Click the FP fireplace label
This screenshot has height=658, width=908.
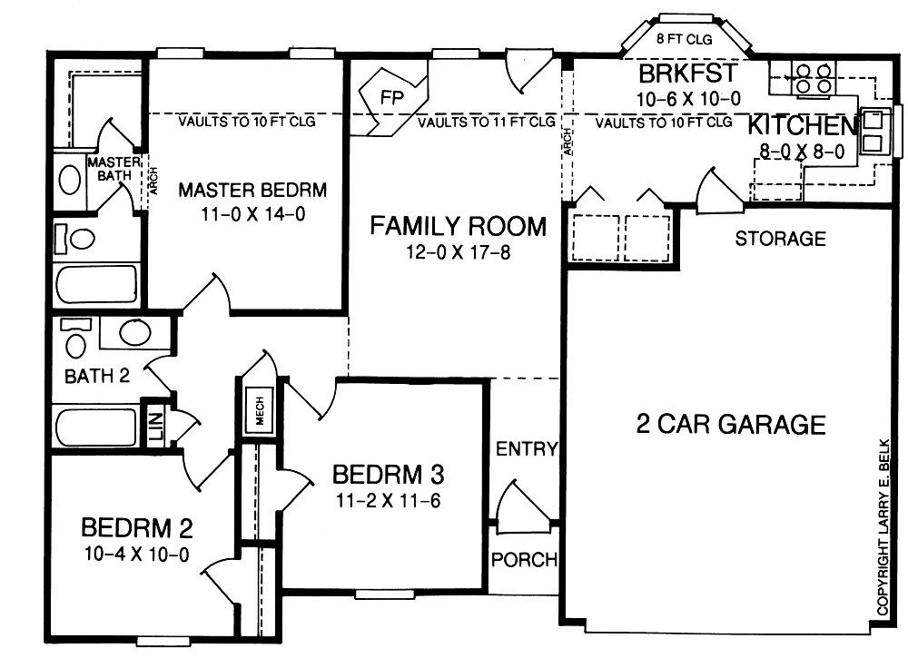[392, 97]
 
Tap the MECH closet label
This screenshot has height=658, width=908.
[260, 410]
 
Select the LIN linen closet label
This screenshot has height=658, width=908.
[157, 425]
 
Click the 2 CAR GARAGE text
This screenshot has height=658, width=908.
[731, 424]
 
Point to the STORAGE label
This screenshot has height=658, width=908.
[780, 239]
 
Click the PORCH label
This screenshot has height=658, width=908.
[524, 560]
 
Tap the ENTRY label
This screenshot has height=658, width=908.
[527, 448]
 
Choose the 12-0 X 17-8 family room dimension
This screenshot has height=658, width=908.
[458, 252]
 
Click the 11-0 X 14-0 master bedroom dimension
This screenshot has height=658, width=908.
[252, 214]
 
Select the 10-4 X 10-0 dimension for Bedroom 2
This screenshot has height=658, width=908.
[137, 555]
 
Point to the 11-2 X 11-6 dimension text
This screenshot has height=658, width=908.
[388, 500]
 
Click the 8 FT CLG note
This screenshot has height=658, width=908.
[684, 40]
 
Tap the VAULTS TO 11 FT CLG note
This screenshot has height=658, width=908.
[487, 123]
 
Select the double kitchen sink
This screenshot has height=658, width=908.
[873, 132]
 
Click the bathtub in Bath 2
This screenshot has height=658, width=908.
[97, 427]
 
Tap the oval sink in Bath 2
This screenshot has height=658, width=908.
[135, 333]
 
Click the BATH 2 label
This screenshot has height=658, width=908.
[97, 376]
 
